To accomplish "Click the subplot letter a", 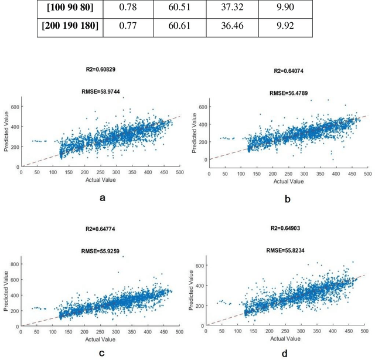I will coord(103,198).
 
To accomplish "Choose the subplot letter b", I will coord(287,199).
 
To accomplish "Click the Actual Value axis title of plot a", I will coord(103,181).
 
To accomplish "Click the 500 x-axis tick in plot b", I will coord(367,174).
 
